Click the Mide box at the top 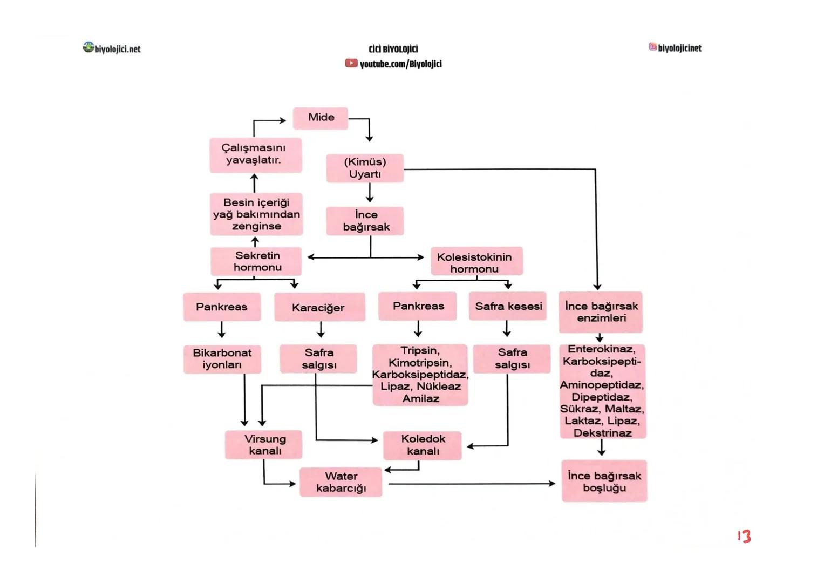pyautogui.click(x=321, y=118)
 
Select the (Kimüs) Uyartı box pyautogui.click(x=365, y=168)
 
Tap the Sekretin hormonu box pyautogui.click(x=256, y=262)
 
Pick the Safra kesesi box pyautogui.click(x=508, y=307)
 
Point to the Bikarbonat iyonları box pyautogui.click(x=222, y=359)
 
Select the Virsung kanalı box pyautogui.click(x=264, y=445)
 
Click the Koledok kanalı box pyautogui.click(x=423, y=445)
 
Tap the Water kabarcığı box pyautogui.click(x=341, y=482)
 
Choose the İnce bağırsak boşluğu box pyautogui.click(x=604, y=482)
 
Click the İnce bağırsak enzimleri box pyautogui.click(x=601, y=312)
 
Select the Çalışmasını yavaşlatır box pyautogui.click(x=255, y=154)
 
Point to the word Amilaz pyautogui.click(x=420, y=399)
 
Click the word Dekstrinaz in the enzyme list pyautogui.click(x=602, y=433)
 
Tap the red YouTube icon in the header pyautogui.click(x=351, y=64)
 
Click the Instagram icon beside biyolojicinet pyautogui.click(x=652, y=48)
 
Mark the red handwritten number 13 pyautogui.click(x=744, y=536)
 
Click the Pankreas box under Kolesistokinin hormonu pyautogui.click(x=418, y=307)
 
